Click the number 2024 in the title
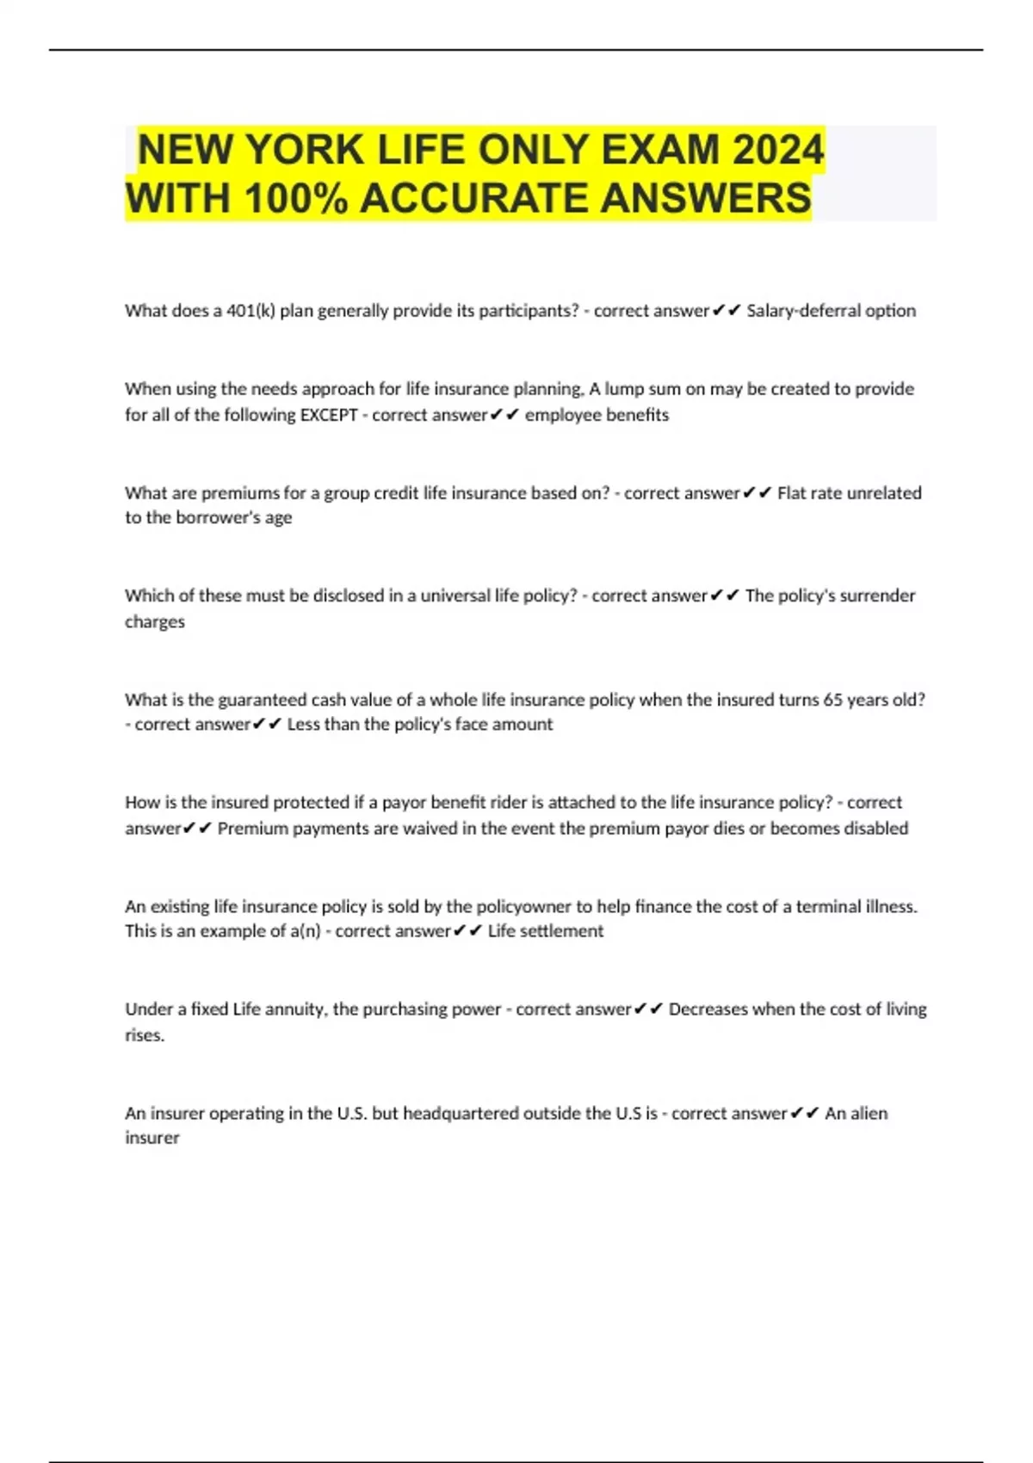pos(778,150)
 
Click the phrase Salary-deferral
pos(803,311)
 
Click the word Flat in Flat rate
pos(792,493)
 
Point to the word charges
pos(155,621)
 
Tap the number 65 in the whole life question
pos(832,700)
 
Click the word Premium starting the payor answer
pos(252,828)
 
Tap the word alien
pos(869,1113)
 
